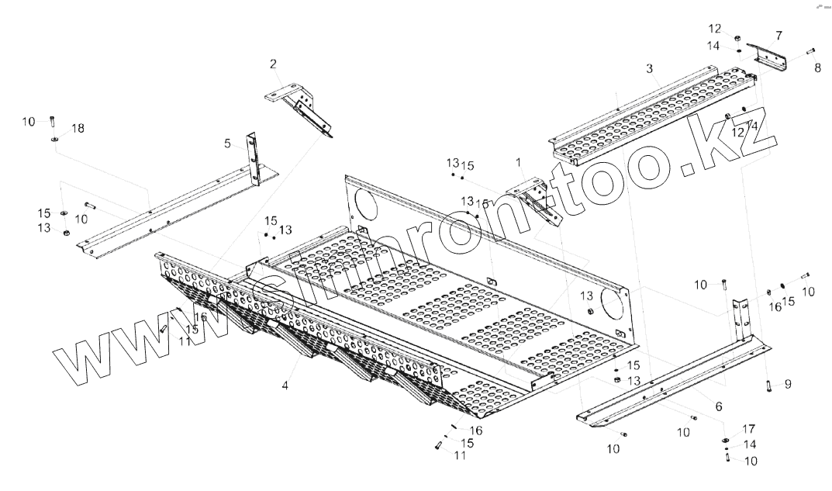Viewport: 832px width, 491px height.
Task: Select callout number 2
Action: tap(273, 63)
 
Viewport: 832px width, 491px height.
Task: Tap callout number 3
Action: tap(650, 68)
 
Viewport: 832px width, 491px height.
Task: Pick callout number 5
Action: tap(227, 143)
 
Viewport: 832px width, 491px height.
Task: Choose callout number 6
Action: tap(719, 406)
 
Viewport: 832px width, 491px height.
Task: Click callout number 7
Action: tap(778, 35)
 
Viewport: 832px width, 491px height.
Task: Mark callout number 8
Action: tap(817, 68)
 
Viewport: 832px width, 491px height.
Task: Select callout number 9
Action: tap(788, 383)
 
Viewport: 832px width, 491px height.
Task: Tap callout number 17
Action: tap(749, 428)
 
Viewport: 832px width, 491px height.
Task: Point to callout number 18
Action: tap(78, 127)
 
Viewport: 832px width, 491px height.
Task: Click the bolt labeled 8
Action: tap(810, 52)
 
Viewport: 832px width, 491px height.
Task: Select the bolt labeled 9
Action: tap(766, 386)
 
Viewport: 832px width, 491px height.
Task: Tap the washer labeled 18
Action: tap(56, 140)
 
